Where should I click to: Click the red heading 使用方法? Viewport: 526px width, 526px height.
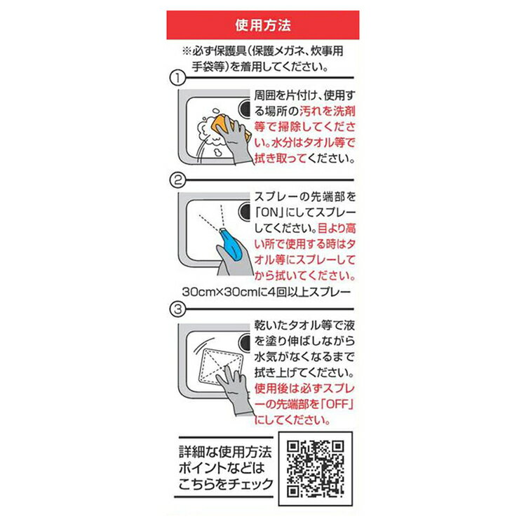263,25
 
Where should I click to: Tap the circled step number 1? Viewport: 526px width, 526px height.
177,78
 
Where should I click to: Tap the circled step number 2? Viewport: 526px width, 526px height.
177,180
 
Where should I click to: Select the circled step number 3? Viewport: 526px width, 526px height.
177,309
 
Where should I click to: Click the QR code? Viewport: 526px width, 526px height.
316,468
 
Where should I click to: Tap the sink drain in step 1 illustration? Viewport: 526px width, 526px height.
245,108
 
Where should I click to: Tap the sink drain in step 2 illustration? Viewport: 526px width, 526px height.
245,212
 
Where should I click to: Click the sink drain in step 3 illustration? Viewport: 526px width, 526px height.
245,342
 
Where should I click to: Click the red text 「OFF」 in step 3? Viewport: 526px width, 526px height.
337,404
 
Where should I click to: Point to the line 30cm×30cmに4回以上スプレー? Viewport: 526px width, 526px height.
267,292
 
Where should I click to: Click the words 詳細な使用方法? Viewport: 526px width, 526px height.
225,452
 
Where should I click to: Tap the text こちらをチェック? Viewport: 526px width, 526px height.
226,484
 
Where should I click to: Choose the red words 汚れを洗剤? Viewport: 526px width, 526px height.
327,111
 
